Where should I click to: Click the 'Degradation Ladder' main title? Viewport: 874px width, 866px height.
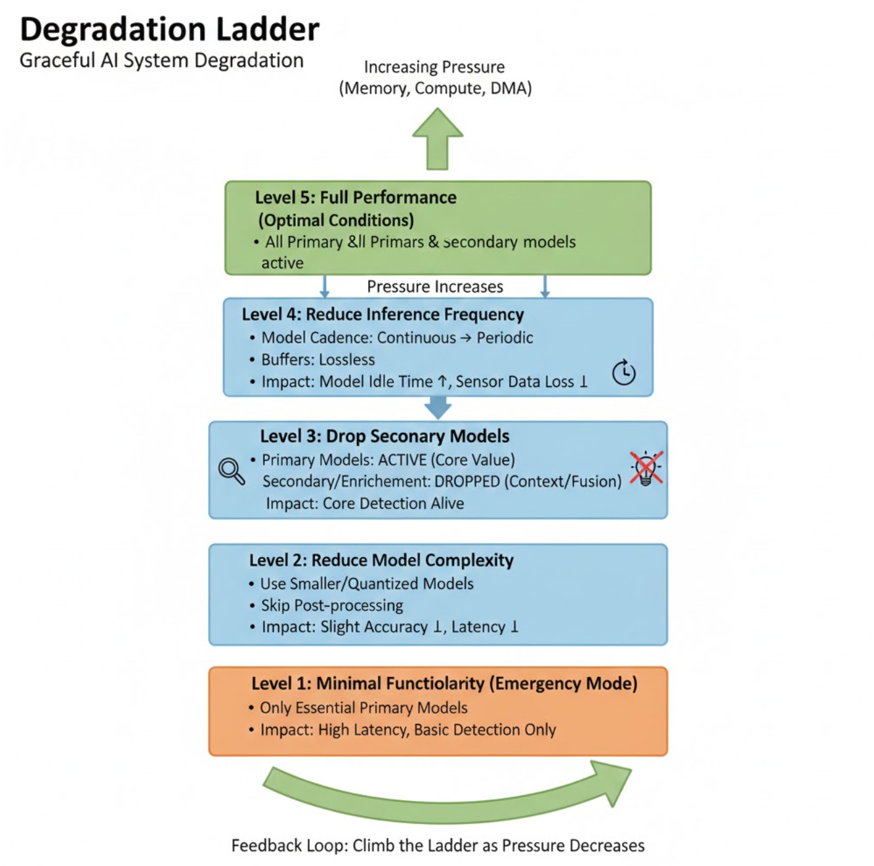pos(169,30)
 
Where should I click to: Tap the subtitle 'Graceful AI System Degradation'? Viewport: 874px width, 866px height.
pos(161,60)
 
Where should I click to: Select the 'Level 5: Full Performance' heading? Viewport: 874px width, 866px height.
pos(356,197)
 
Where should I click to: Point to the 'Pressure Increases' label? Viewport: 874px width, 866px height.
pos(435,287)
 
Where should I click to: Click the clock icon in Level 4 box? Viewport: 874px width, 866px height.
pos(623,373)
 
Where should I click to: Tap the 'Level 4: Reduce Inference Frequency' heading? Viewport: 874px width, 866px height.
pos(383,314)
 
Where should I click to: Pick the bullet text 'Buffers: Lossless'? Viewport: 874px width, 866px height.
pos(318,360)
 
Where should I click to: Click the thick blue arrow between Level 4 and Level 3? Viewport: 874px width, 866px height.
pos(438,407)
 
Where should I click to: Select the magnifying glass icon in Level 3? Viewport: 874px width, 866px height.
pos(231,470)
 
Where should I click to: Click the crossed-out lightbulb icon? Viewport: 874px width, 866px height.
pos(646,468)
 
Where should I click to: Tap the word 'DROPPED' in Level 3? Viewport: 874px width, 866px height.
pos(467,482)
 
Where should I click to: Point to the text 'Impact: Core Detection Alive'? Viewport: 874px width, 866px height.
pos(365,503)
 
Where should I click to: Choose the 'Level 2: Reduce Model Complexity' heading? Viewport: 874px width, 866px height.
pos(381,560)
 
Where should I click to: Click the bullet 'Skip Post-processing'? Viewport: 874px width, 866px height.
pos(332,605)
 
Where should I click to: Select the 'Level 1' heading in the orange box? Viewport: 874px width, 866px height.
pos(444,684)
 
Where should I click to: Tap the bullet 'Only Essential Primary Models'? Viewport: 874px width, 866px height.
pos(364,708)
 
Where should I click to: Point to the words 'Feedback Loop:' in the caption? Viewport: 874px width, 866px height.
pos(289,846)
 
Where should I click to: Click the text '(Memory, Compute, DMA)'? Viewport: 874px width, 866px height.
pos(435,88)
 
